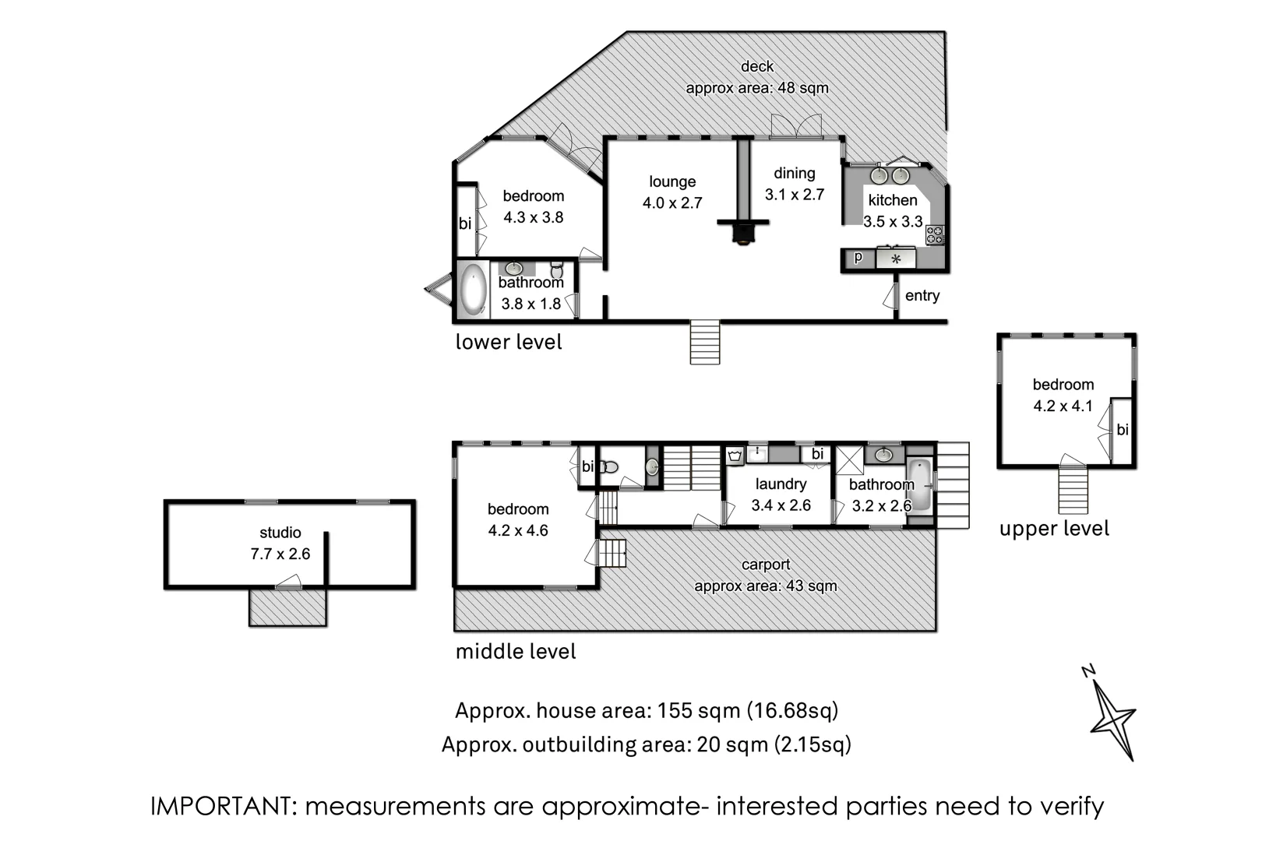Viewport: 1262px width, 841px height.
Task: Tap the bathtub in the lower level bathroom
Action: click(474, 290)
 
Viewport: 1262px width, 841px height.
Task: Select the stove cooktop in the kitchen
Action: click(935, 235)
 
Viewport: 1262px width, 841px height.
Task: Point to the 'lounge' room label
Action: click(672, 181)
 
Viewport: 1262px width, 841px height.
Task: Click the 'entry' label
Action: click(922, 296)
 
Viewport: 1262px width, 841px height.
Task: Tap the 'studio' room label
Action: click(280, 533)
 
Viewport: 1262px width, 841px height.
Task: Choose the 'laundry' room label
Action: click(781, 484)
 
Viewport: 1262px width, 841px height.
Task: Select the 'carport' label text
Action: click(766, 565)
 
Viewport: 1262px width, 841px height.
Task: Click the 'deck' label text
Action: click(757, 66)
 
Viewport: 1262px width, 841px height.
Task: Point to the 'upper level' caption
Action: click(1054, 529)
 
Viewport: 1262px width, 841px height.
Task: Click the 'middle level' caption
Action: click(516, 652)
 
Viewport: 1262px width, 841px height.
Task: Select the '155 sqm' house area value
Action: click(699, 711)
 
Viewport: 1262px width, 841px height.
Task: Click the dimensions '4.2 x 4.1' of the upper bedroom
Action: click(1063, 406)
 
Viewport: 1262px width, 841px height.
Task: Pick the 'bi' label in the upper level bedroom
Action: click(1123, 430)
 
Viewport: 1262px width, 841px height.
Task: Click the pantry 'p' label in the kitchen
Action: click(858, 258)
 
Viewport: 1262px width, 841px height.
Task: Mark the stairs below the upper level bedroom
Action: click(1073, 490)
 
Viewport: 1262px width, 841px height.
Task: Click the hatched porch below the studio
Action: click(288, 608)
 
